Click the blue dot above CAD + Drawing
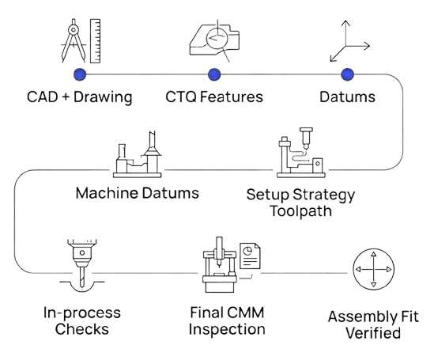[x=80, y=74]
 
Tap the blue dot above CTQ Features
[x=214, y=74]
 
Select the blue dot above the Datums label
[x=347, y=74]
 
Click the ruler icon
[x=95, y=41]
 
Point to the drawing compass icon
[x=74, y=40]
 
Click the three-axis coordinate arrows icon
[x=349, y=41]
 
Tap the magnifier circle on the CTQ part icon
[x=217, y=38]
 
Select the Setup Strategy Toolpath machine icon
[x=301, y=153]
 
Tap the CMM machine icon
[x=219, y=265]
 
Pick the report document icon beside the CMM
[x=250, y=256]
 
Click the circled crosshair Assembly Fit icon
[x=373, y=269]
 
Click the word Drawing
[x=103, y=97]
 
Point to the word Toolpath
[x=300, y=211]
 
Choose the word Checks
[x=82, y=329]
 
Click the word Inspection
[x=227, y=329]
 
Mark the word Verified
[x=373, y=333]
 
